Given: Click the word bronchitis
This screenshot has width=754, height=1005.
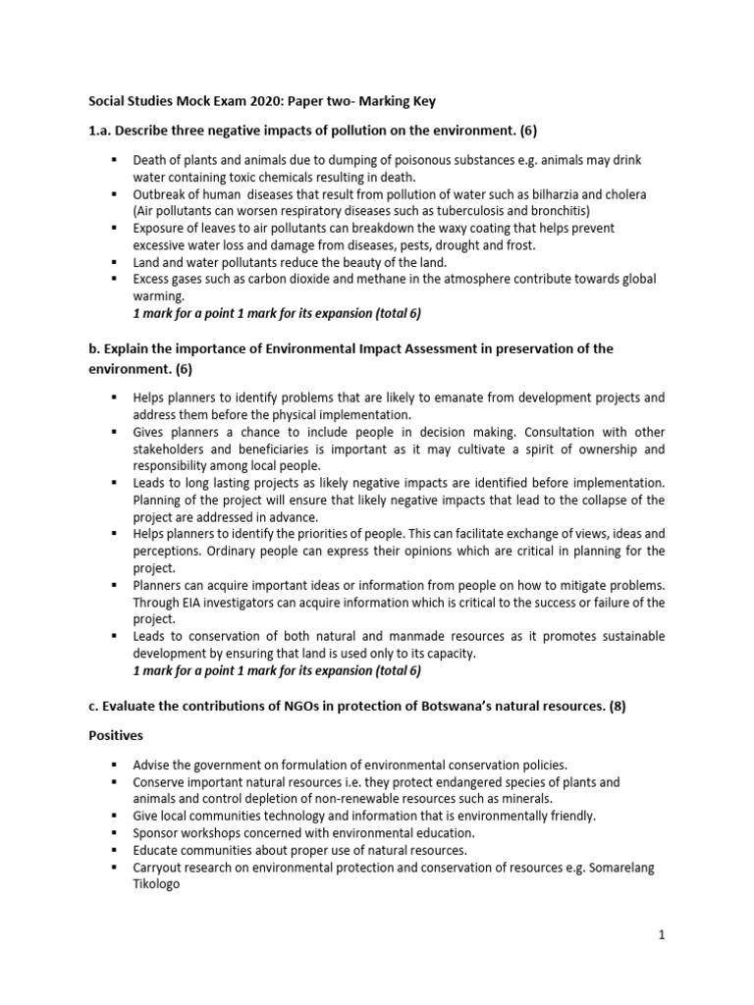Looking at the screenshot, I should [x=556, y=211].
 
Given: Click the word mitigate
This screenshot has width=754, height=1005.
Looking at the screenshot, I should [x=589, y=585].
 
